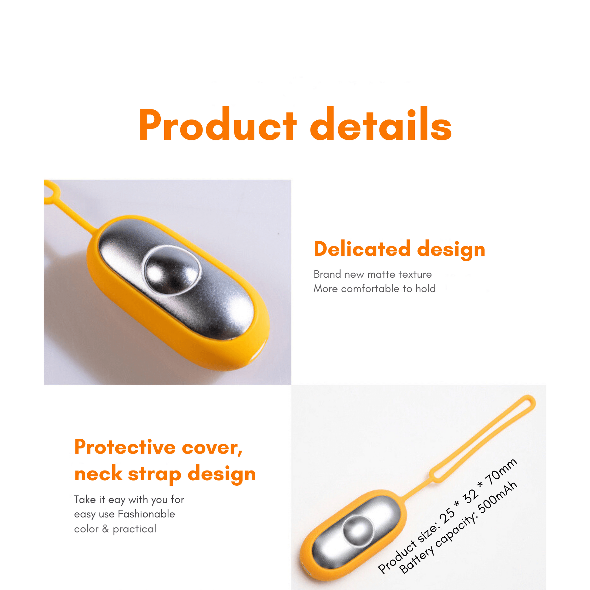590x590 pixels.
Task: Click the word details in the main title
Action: pyautogui.click(x=381, y=124)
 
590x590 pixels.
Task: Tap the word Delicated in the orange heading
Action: pyautogui.click(x=362, y=249)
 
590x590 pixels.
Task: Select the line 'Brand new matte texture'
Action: pyautogui.click(x=373, y=274)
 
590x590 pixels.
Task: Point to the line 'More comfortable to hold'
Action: pyautogui.click(x=374, y=289)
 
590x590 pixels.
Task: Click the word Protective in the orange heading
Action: pyautogui.click(x=125, y=447)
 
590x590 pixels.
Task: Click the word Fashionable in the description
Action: pyautogui.click(x=146, y=514)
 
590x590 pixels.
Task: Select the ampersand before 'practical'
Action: pyautogui.click(x=106, y=529)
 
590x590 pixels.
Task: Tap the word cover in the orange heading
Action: pyautogui.click(x=213, y=448)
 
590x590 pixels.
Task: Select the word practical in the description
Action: pyautogui.click(x=134, y=529)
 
